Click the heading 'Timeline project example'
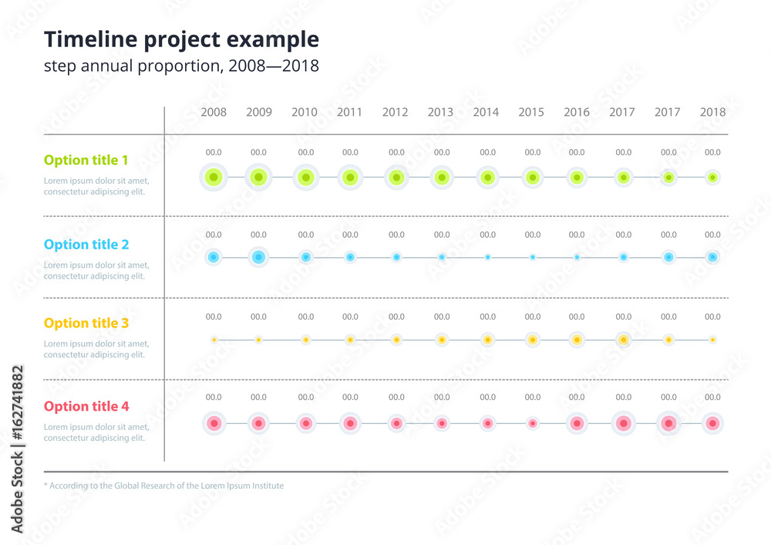point(181,39)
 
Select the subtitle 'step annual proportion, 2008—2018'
point(181,66)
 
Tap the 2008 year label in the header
point(214,112)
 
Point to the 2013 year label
point(440,112)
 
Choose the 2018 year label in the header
point(712,112)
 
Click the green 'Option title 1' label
point(86,161)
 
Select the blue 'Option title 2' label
point(86,245)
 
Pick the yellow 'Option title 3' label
point(86,323)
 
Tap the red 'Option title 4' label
point(86,407)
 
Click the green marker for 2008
point(214,178)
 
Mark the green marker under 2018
point(712,178)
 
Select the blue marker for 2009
point(259,257)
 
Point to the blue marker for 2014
point(487,257)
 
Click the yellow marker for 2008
point(214,340)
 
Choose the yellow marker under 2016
point(577,340)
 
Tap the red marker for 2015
point(532,423)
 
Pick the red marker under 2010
point(305,423)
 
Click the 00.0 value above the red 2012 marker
point(396,397)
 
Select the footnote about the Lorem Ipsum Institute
point(163,486)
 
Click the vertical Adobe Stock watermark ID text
point(18,449)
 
